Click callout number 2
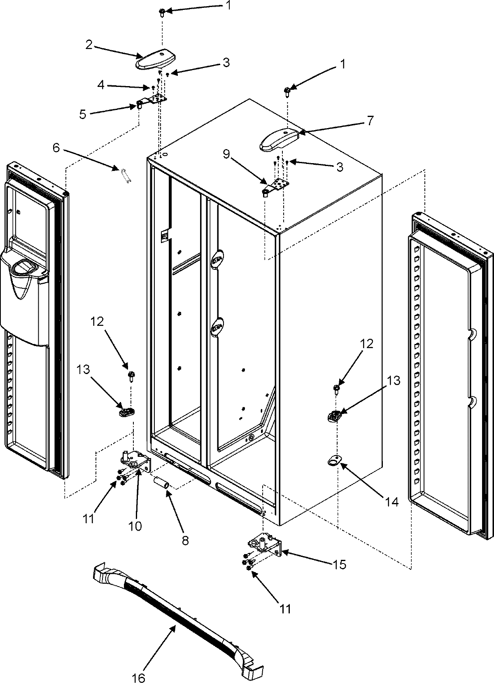89,45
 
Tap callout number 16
139,678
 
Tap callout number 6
56,148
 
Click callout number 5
83,114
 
